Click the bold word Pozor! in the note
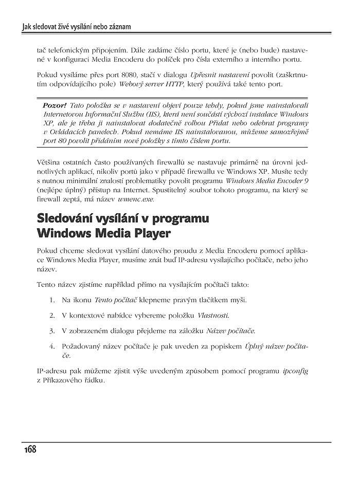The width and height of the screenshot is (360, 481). click(x=55, y=105)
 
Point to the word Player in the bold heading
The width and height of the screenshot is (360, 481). click(x=151, y=234)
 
